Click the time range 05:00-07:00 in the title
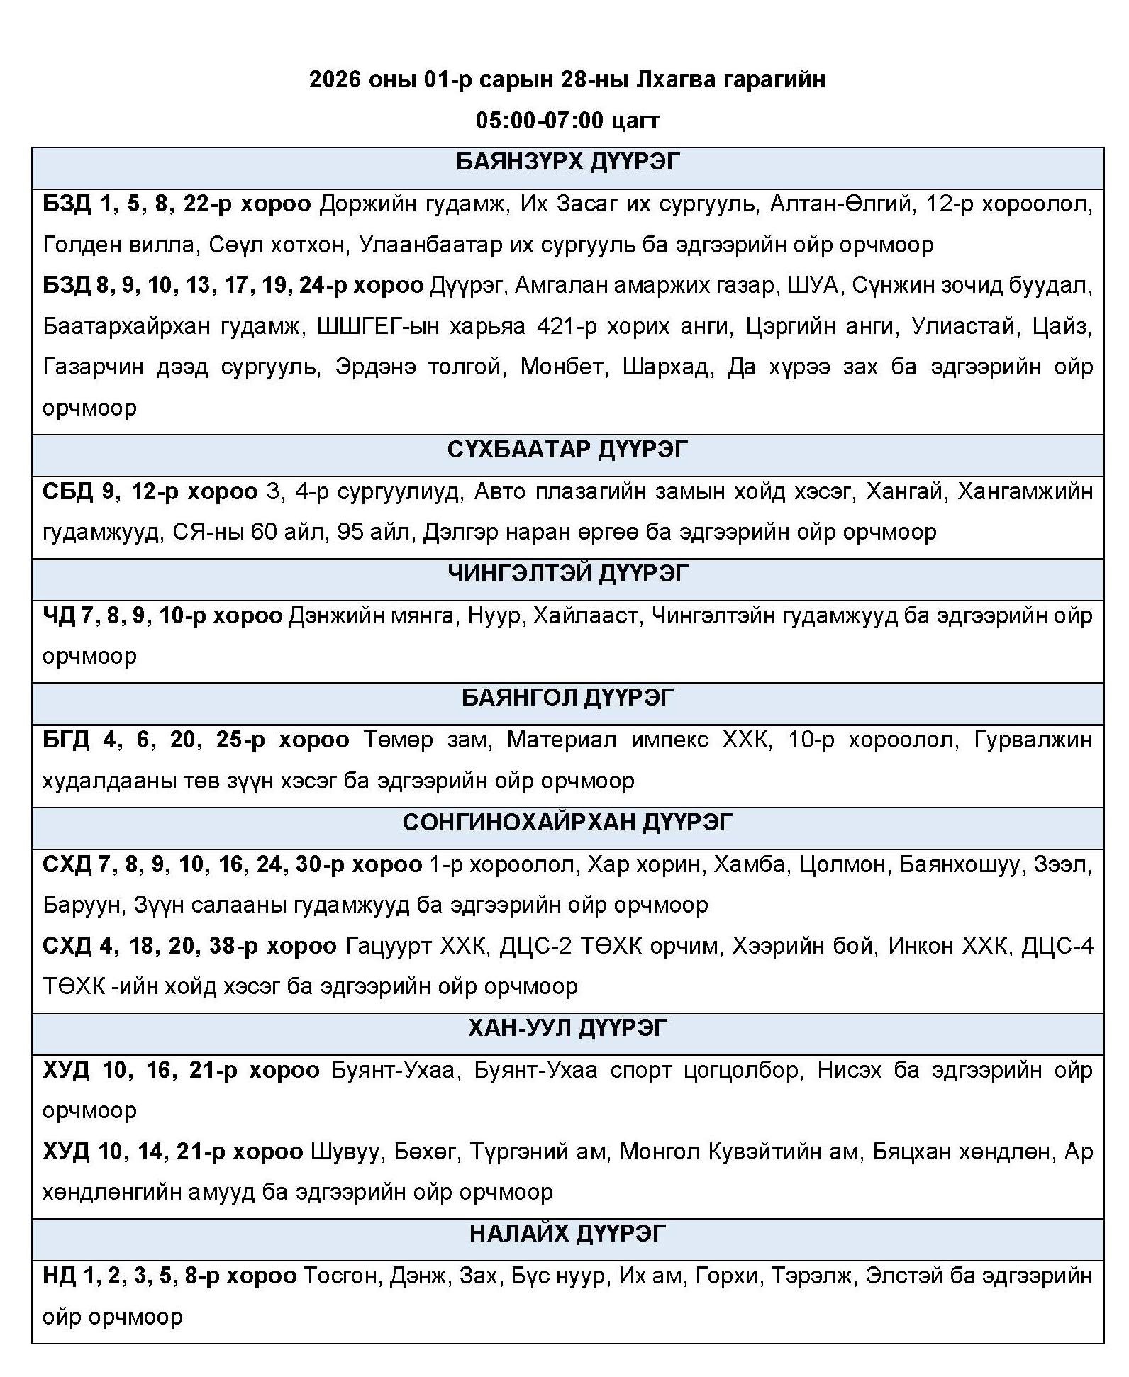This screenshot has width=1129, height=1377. coord(539,120)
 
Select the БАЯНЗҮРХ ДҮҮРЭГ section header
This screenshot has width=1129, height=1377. coord(567,162)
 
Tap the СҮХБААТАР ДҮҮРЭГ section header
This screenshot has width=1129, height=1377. coord(567,450)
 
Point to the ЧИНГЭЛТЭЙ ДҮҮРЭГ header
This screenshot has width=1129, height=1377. coord(567,573)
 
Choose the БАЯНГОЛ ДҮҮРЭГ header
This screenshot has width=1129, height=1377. coord(567,698)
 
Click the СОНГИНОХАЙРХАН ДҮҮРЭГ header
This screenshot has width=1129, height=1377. coord(567,823)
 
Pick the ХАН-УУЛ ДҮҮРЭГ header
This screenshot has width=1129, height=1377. coord(567,1028)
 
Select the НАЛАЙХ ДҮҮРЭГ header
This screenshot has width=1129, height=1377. coord(567,1234)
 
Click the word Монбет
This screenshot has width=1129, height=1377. coord(564,367)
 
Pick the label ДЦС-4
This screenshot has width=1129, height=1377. coord(1057,946)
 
